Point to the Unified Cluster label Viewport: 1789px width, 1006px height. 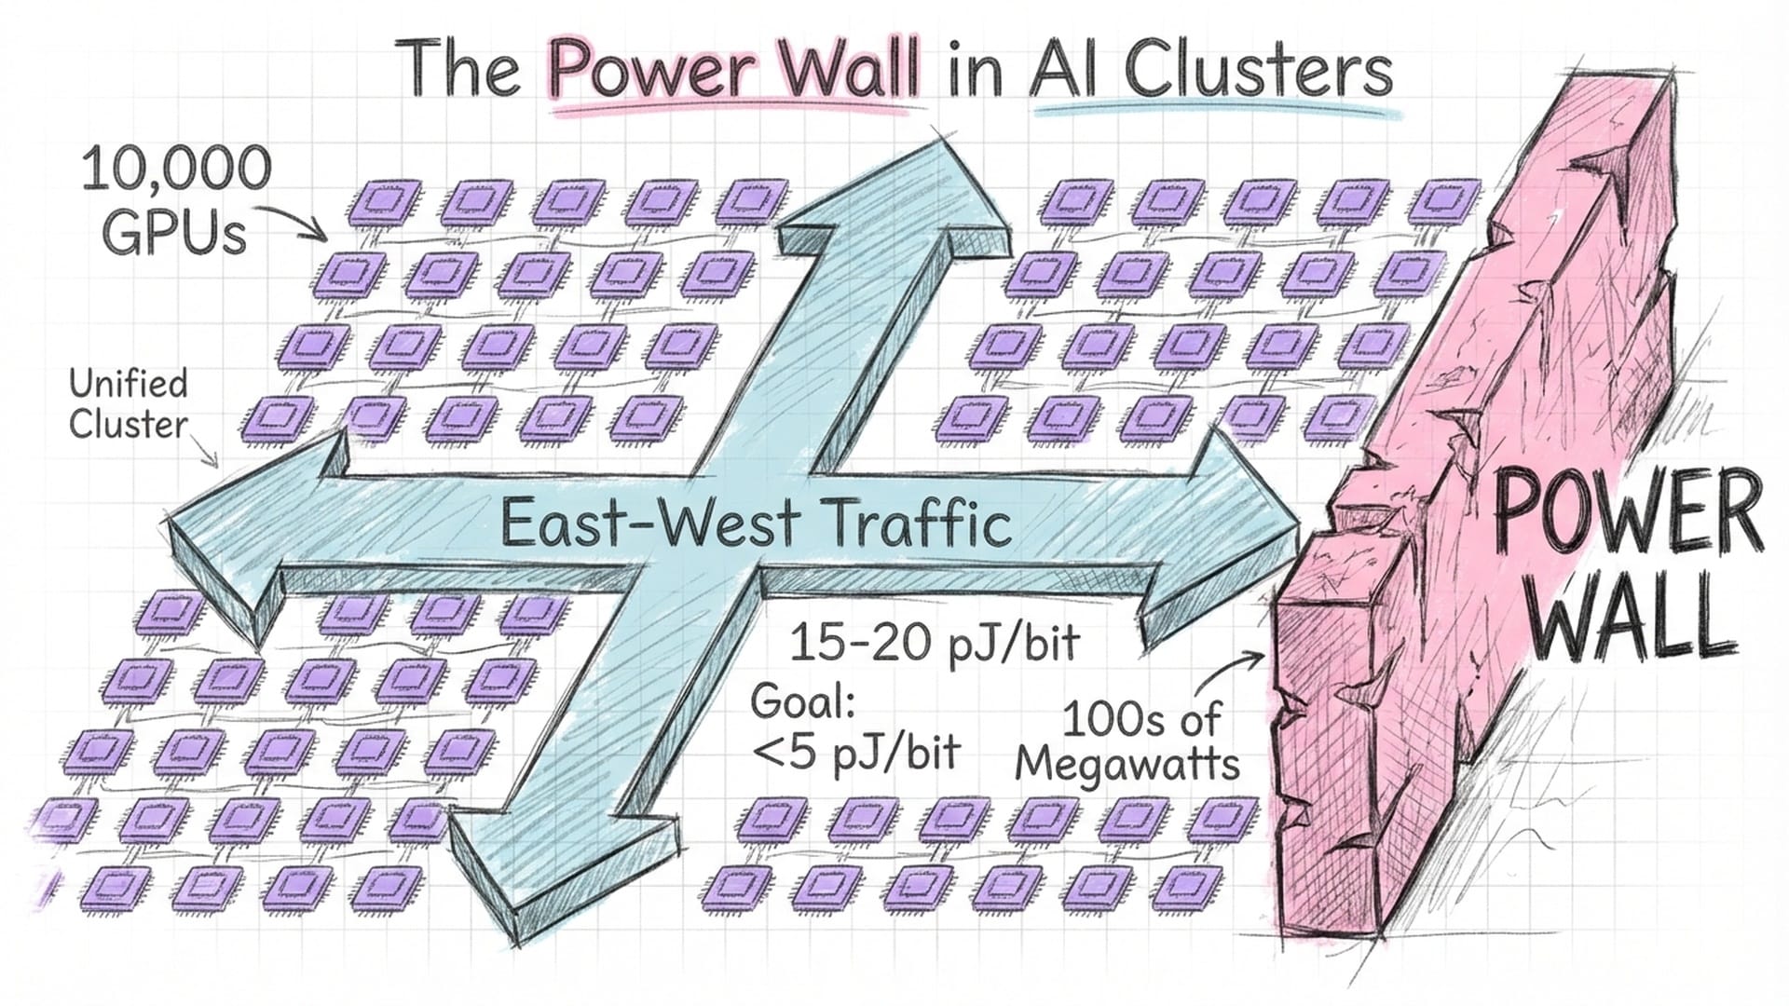tap(129, 404)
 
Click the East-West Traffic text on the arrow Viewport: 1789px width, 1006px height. tap(755, 523)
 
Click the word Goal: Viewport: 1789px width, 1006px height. tap(802, 700)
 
